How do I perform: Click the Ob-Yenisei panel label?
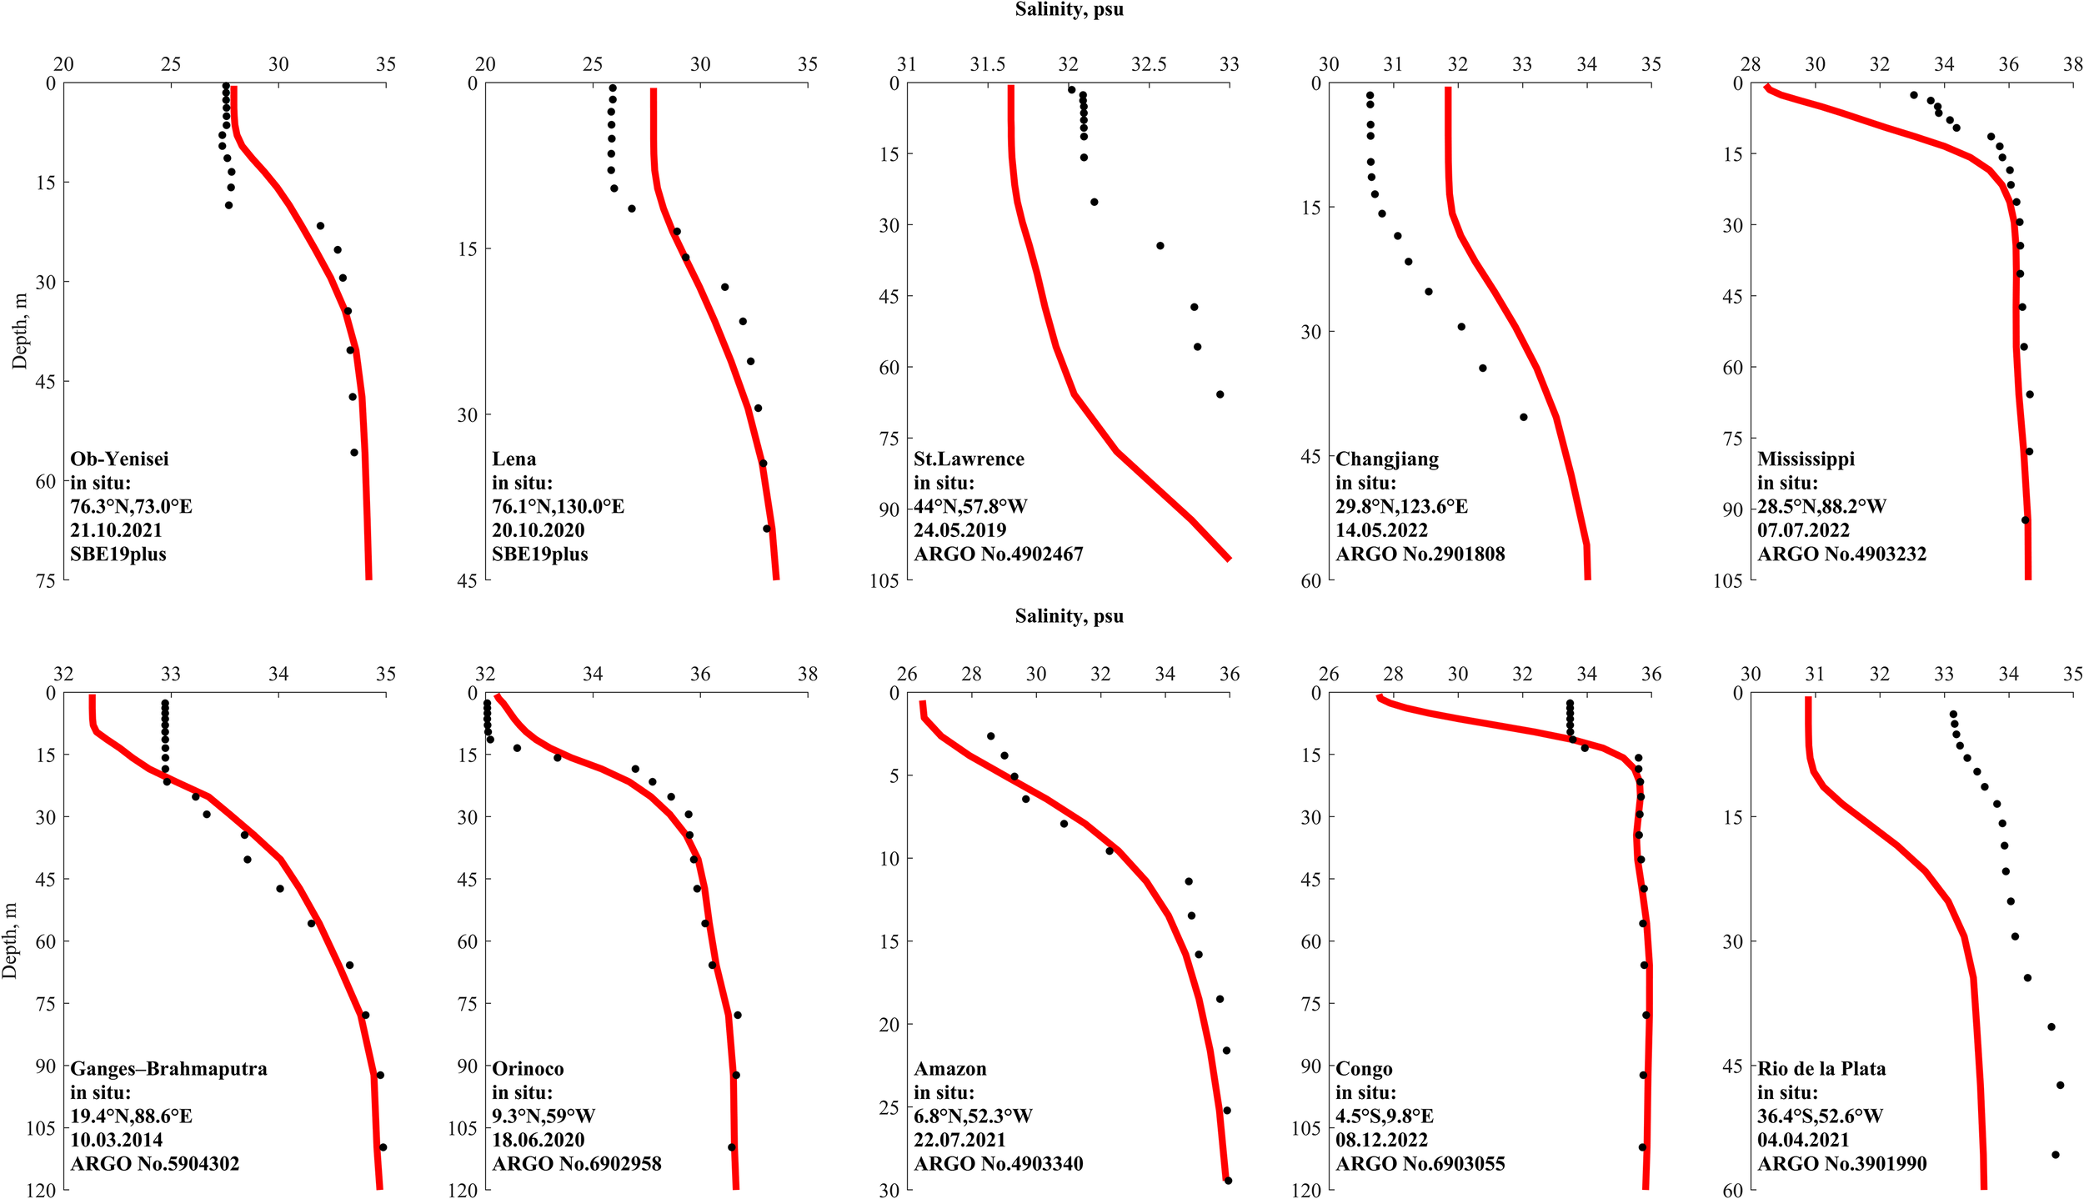pos(119,459)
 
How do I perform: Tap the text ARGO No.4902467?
pos(998,554)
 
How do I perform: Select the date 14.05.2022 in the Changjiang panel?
pos(1381,529)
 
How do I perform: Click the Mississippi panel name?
pos(1806,459)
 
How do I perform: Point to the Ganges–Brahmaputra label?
pos(168,1068)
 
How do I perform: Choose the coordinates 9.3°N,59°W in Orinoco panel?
pos(543,1116)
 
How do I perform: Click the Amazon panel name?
pos(949,1068)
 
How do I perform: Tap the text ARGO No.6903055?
pos(1420,1163)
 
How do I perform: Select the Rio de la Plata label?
pos(1821,1068)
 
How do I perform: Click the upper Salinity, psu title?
pos(1069,10)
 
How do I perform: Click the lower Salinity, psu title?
pos(1069,616)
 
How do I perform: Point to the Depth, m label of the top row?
pos(19,331)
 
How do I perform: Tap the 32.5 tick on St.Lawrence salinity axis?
pos(1149,64)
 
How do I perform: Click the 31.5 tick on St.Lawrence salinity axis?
pos(987,64)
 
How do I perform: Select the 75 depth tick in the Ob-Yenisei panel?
pos(45,580)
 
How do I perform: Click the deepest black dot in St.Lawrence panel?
pos(1220,394)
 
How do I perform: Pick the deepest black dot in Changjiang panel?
pos(1523,417)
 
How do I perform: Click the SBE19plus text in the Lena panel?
pos(539,554)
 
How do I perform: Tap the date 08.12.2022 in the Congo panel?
pos(1381,1140)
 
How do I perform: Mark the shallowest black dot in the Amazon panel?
pos(990,736)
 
